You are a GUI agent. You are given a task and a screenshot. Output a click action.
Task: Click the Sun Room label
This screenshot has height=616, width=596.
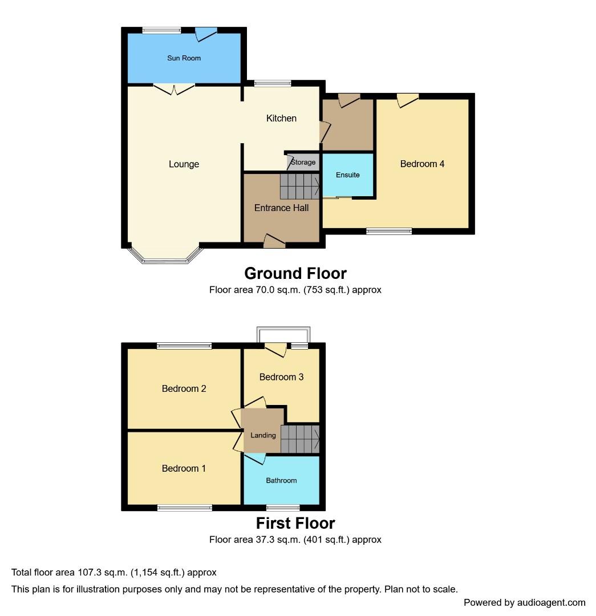pyautogui.click(x=184, y=58)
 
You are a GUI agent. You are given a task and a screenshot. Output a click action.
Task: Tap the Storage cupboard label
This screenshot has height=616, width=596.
pyautogui.click(x=303, y=162)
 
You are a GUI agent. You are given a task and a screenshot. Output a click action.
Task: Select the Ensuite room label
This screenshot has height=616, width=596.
pyautogui.click(x=348, y=175)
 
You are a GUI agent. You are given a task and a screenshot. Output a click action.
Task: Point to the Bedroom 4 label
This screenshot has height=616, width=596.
pyautogui.click(x=422, y=164)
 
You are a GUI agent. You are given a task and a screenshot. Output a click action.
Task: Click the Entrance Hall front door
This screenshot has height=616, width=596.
pyautogui.click(x=274, y=242)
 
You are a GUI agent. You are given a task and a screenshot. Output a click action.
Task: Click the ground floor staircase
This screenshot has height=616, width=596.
pyautogui.click(x=300, y=186)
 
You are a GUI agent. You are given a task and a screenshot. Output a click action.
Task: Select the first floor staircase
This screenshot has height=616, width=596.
pyautogui.click(x=300, y=439)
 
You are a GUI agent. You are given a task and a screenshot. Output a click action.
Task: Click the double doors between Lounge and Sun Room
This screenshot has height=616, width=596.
pyautogui.click(x=173, y=89)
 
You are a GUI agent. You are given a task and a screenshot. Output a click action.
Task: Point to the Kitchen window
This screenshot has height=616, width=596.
pyautogui.click(x=273, y=83)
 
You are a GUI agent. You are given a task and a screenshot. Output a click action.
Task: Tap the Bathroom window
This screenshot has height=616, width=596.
pyautogui.click(x=283, y=508)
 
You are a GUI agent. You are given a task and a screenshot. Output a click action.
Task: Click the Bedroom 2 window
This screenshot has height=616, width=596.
pyautogui.click(x=184, y=346)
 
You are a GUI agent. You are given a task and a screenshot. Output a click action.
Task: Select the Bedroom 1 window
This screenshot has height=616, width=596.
pyautogui.click(x=185, y=508)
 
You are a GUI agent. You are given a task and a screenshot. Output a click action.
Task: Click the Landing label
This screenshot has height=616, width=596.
pyautogui.click(x=263, y=435)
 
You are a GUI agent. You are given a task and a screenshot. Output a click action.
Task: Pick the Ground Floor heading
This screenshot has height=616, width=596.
pyautogui.click(x=295, y=273)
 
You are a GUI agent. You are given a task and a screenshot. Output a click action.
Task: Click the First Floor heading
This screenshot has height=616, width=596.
pyautogui.click(x=295, y=523)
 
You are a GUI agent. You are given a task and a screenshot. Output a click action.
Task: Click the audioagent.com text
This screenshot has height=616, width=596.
pyautogui.click(x=551, y=603)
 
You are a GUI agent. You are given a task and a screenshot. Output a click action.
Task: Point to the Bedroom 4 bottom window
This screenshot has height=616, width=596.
pyautogui.click(x=389, y=232)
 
